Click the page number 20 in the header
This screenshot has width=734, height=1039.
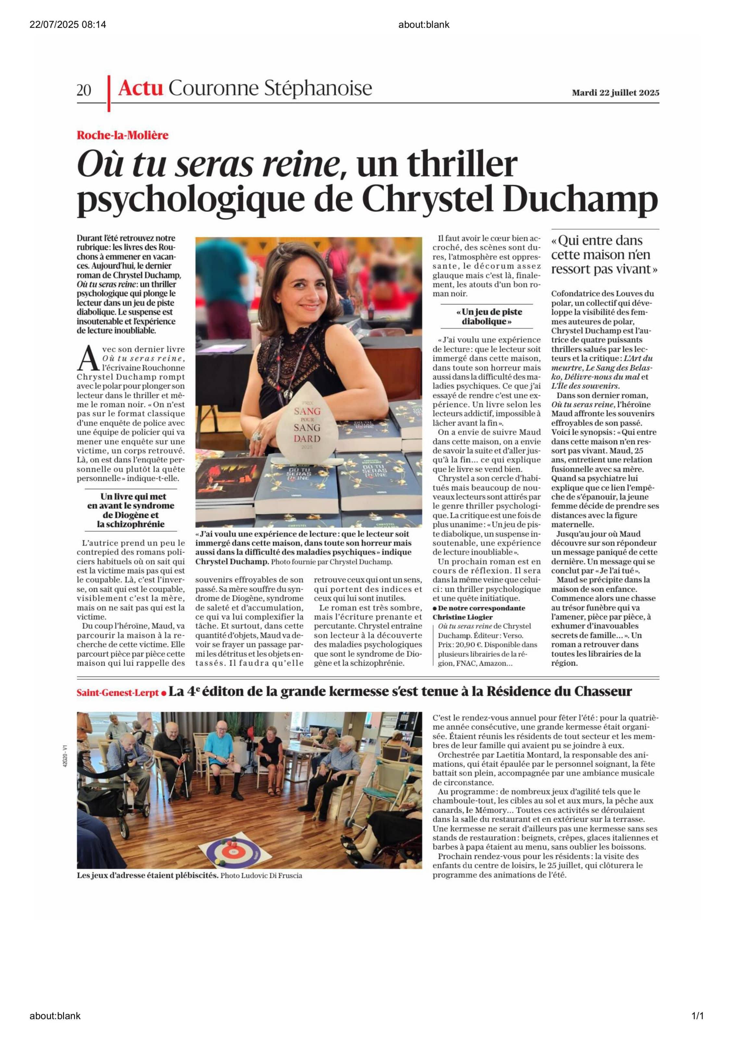[x=84, y=90]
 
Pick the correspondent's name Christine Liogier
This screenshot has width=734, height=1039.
[x=462, y=617]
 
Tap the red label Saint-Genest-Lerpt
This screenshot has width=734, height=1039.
[x=118, y=693]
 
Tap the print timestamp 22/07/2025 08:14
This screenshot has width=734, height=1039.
[x=68, y=24]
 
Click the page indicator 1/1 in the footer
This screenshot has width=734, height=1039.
[x=697, y=1016]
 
